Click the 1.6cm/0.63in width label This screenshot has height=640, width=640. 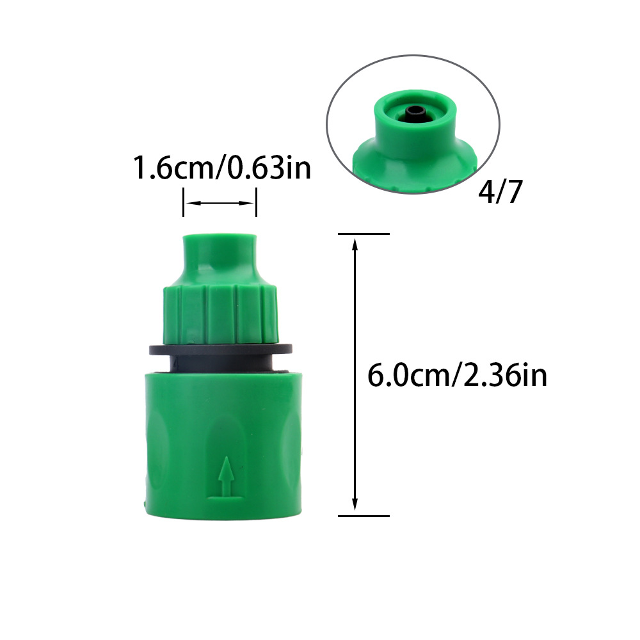221,168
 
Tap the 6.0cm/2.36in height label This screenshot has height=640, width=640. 457,374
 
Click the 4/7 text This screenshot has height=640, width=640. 500,193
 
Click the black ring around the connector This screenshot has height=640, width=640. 220,350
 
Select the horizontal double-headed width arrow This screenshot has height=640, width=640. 220,204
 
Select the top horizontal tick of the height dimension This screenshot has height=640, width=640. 363,234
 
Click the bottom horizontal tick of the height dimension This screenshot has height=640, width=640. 363,515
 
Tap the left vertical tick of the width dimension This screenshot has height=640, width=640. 184,203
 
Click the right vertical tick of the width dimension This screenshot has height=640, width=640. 257,203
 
